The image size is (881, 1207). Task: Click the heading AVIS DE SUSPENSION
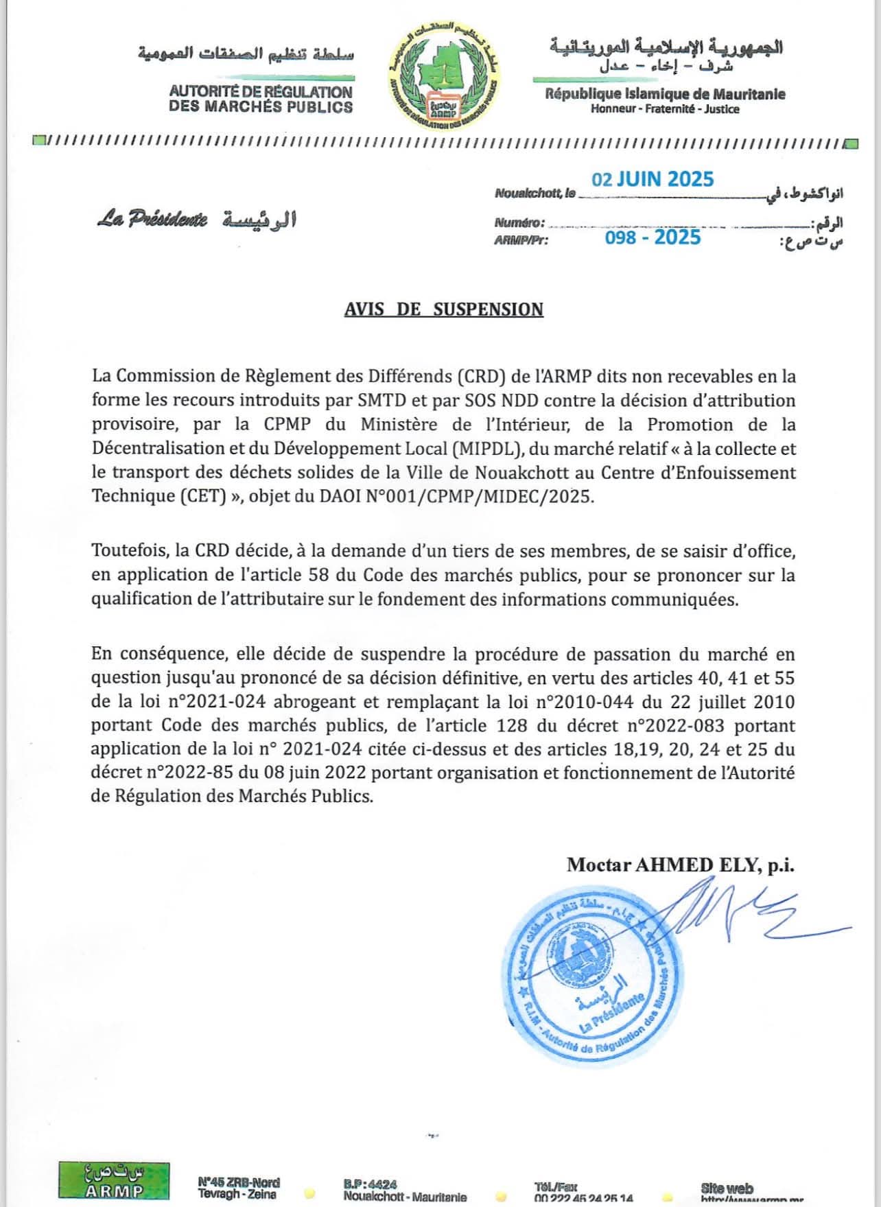[443, 309]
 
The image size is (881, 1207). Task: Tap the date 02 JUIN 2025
[653, 180]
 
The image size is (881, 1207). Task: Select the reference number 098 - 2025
[653, 237]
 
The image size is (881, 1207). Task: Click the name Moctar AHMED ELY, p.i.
[680, 865]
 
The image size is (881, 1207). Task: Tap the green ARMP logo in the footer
[114, 1180]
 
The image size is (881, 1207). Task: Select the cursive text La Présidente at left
[152, 220]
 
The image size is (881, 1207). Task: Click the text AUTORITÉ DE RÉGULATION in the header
[261, 91]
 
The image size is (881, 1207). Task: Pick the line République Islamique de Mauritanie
[665, 94]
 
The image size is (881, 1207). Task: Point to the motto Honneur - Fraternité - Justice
[665, 109]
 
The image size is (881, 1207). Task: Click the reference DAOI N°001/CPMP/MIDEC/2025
[456, 496]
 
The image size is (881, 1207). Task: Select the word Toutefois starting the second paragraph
[129, 551]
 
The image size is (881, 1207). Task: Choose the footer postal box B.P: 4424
[370, 1184]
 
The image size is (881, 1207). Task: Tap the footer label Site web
[727, 1188]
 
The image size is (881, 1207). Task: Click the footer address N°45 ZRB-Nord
[238, 1182]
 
